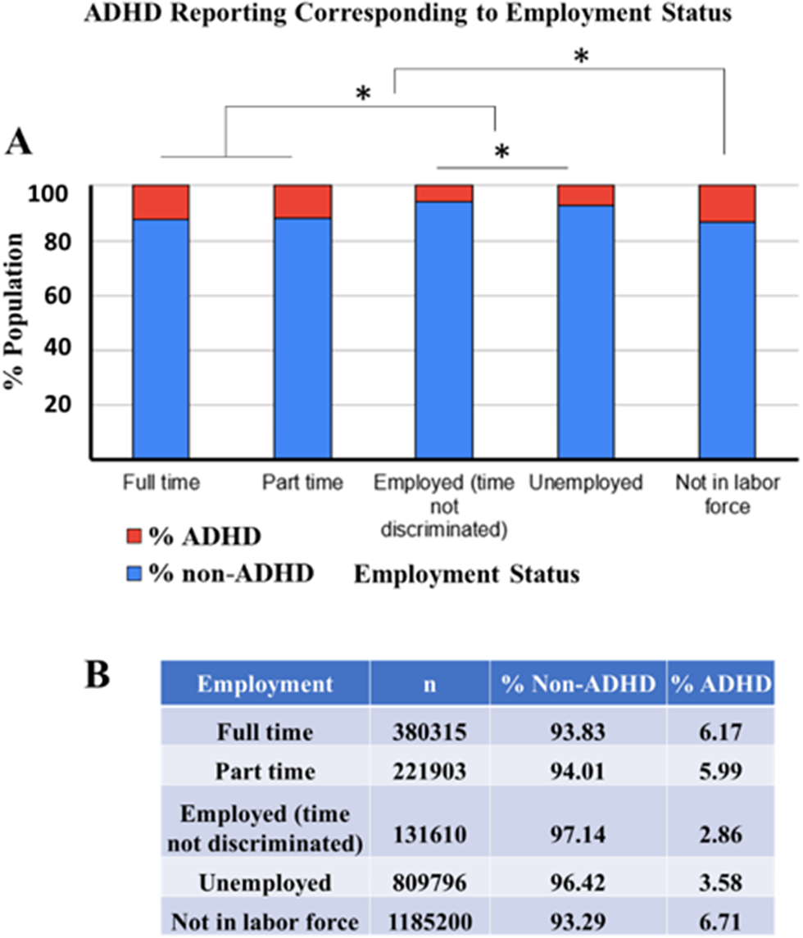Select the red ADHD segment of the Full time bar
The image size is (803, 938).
(x=161, y=202)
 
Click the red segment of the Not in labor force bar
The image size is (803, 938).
(x=726, y=203)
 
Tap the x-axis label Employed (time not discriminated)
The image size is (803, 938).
(x=443, y=506)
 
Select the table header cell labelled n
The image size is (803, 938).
(x=429, y=684)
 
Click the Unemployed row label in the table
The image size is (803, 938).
(x=265, y=882)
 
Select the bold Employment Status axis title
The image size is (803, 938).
(x=466, y=574)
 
